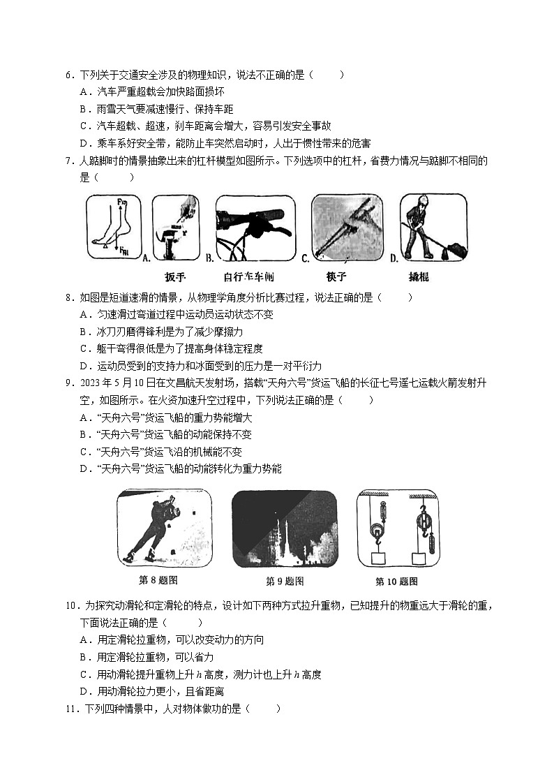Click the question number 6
[x=68, y=75]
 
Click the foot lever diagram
[x=113, y=228]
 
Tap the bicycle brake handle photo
[x=255, y=228]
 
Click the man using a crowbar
[x=433, y=228]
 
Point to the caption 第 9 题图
[x=285, y=581]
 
